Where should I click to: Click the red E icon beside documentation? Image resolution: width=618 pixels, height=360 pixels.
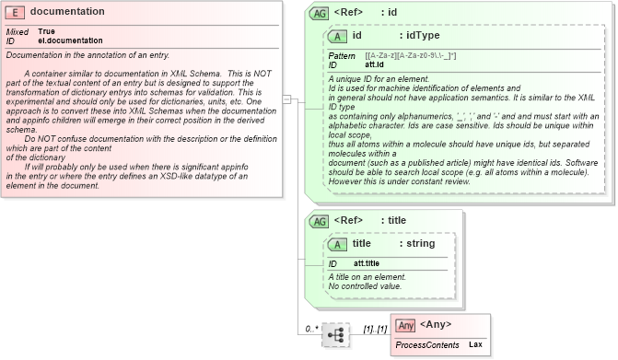tap(17, 11)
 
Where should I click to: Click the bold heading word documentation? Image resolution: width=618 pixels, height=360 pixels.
tap(67, 11)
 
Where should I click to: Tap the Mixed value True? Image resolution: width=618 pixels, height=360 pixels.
tap(46, 32)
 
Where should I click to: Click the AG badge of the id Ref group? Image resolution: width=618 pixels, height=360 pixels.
tap(319, 13)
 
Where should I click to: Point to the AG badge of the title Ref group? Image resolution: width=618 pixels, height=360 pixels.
tap(319, 221)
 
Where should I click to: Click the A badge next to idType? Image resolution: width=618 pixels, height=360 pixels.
tap(338, 35)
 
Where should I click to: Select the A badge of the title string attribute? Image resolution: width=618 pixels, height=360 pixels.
tap(338, 243)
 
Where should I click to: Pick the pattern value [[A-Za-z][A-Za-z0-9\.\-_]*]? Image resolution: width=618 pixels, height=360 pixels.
tap(411, 56)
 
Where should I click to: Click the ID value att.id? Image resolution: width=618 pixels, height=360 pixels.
tap(375, 65)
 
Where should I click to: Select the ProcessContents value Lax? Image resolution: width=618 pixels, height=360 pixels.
tap(475, 344)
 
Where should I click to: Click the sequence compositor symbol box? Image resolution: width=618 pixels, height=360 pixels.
tap(336, 337)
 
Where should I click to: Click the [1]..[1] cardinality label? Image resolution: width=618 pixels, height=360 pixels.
tap(374, 329)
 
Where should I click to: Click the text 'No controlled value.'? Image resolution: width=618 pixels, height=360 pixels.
tap(366, 286)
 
